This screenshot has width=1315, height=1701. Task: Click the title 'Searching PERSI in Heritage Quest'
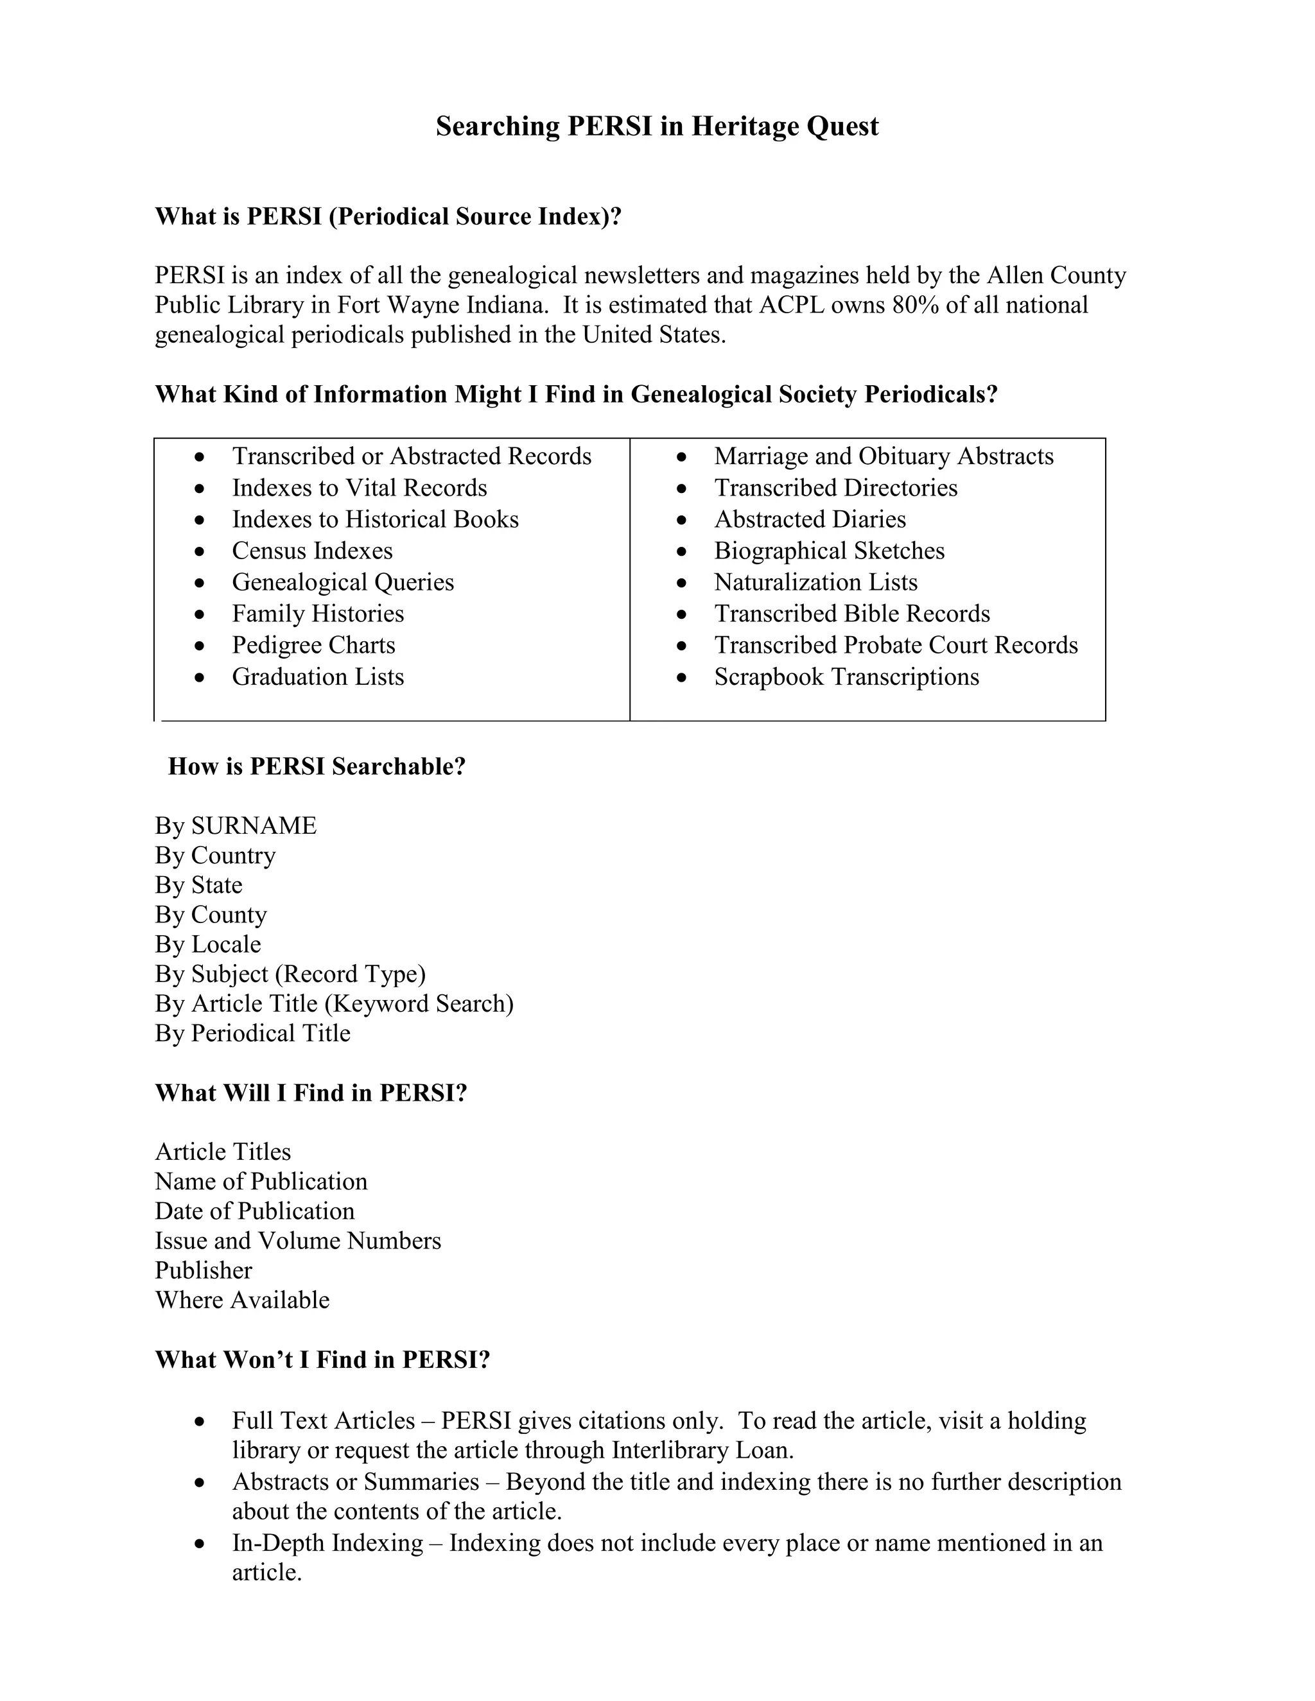(657, 126)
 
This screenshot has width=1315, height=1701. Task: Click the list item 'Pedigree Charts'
(313, 645)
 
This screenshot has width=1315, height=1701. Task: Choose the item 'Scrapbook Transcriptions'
(846, 676)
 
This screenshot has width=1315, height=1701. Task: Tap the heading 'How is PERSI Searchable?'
(317, 766)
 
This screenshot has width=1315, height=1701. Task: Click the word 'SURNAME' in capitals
(254, 825)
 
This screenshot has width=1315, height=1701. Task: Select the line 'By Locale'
(207, 944)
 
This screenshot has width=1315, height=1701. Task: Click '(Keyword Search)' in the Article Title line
(419, 1003)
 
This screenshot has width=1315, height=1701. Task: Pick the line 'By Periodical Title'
(252, 1033)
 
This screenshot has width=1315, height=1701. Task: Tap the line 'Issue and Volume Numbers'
(297, 1240)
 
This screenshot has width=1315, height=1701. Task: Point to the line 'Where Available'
(241, 1299)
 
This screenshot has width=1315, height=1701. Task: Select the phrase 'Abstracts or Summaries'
(355, 1481)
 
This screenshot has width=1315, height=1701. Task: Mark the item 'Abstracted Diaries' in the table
(810, 519)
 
